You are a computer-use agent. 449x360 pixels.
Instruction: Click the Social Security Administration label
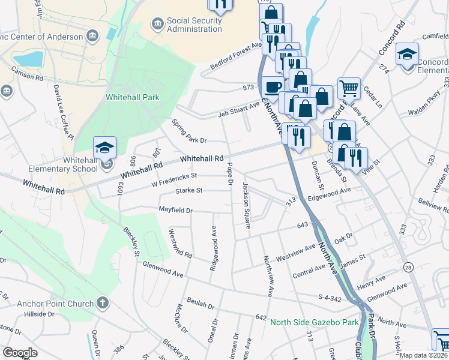coord(194,25)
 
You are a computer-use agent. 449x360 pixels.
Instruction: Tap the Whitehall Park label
coord(133,97)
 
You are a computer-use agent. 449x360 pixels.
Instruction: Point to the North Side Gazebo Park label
coord(314,322)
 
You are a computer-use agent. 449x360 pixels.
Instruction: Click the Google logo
coord(20,353)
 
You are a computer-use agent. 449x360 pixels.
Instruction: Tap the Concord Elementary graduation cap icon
coord(407,56)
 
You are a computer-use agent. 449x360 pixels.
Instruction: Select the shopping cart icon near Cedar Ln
coord(348,88)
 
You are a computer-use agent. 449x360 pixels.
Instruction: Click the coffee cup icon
coord(273,86)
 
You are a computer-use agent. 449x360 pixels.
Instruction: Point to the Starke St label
coord(189,191)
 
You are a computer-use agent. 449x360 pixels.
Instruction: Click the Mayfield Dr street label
coord(175,211)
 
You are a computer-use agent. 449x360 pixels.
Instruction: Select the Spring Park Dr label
coord(189,132)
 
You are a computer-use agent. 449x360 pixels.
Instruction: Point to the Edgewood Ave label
coord(328,191)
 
